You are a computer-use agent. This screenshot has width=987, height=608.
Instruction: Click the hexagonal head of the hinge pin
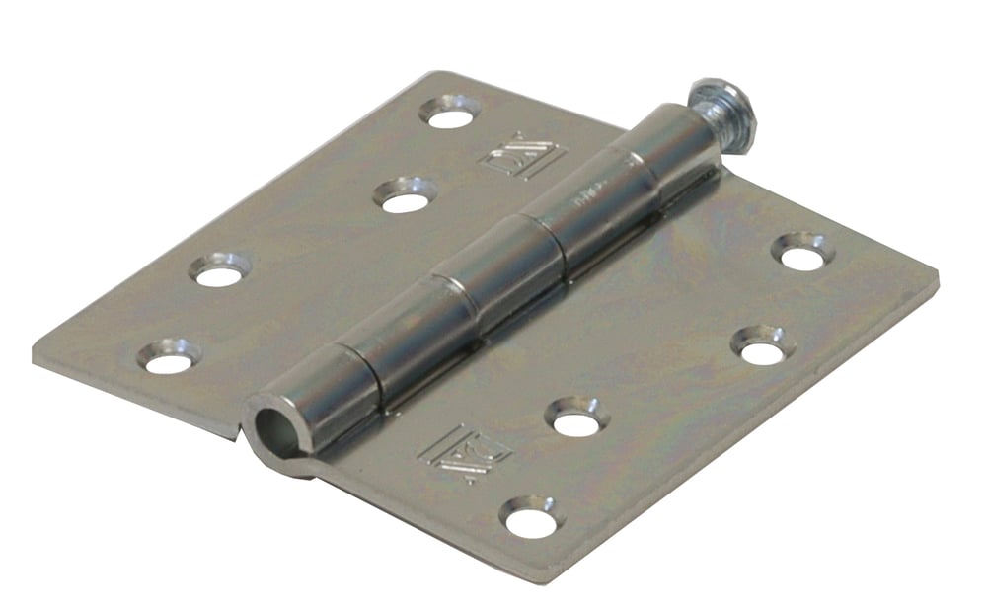724,110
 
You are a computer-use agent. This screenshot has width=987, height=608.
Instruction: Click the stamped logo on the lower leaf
464,453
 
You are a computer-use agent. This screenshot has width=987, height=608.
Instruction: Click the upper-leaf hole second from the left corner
219,270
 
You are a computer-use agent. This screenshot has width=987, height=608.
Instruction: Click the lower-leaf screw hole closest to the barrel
575,419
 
